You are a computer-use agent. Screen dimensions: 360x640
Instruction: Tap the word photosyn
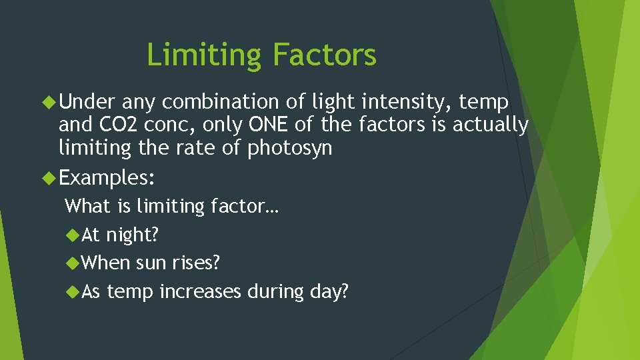tap(289, 147)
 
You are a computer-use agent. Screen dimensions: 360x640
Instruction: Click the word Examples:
tap(107, 178)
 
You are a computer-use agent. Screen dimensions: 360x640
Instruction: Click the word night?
tap(133, 235)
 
